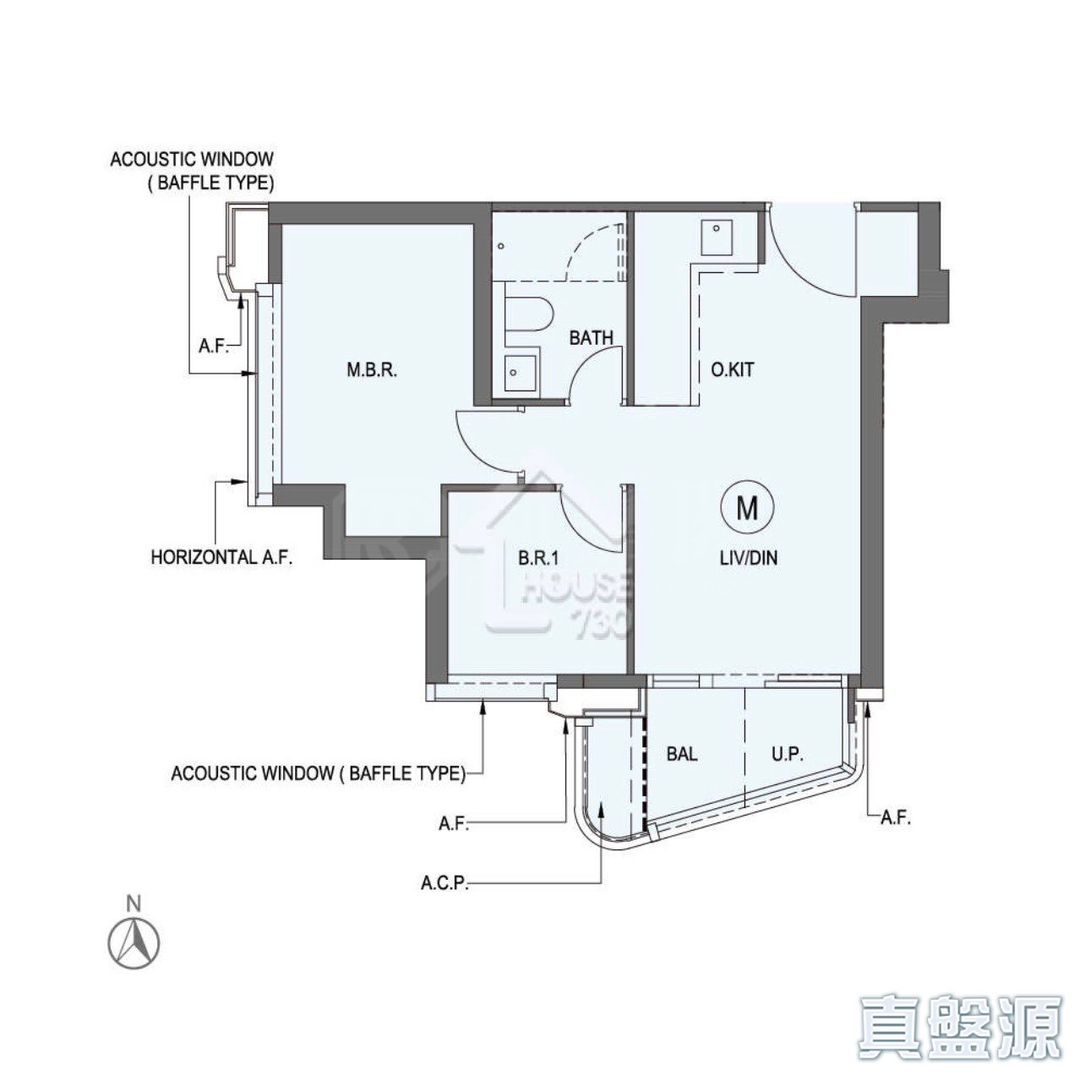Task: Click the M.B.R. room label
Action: pos(372,371)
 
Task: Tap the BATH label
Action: pos(591,338)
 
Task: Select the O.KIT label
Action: pos(733,370)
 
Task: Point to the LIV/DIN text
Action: pos(749,558)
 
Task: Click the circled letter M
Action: pos(747,509)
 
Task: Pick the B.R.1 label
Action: pos(538,558)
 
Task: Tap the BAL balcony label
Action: pos(682,754)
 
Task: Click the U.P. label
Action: pos(788,754)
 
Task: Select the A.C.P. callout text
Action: pos(444,882)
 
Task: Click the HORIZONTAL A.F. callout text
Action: pos(222,558)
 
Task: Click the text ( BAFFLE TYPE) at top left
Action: pos(211,184)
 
